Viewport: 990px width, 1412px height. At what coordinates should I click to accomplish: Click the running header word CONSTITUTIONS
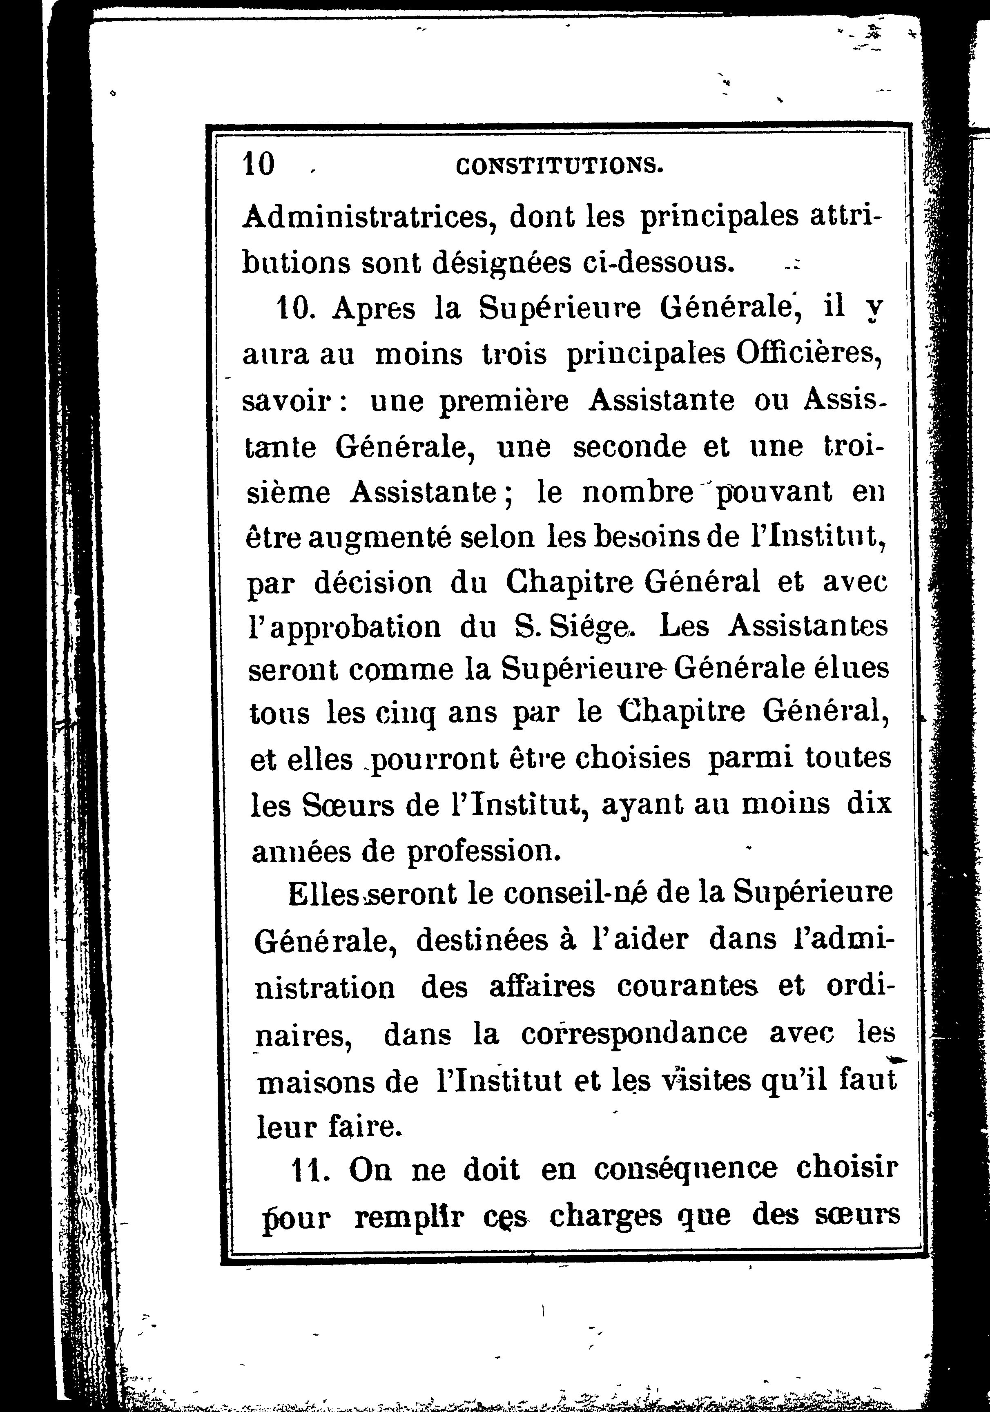(560, 166)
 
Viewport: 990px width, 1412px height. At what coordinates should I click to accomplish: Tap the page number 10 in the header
(259, 165)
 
